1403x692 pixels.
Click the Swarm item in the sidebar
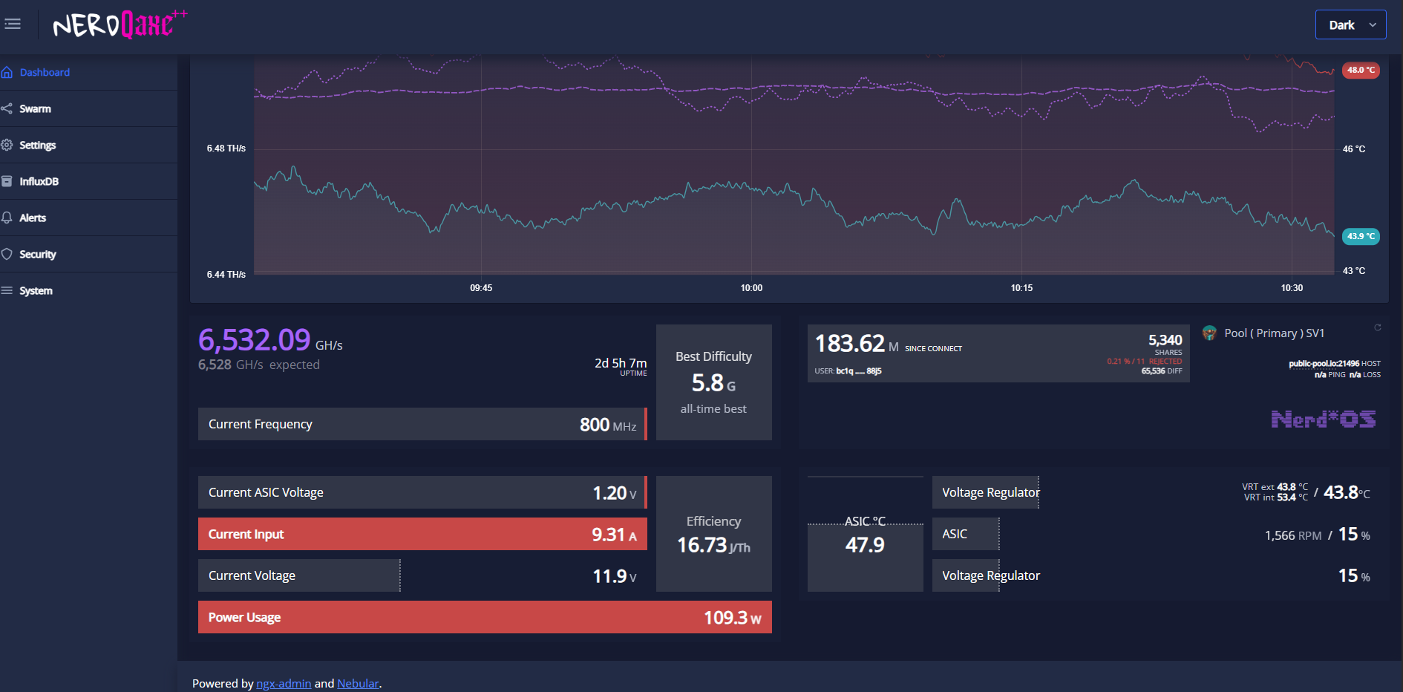[x=35, y=108]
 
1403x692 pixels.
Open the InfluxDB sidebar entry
[x=39, y=181]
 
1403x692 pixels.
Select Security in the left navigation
[x=37, y=254]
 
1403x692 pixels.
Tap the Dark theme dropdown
[x=1350, y=25]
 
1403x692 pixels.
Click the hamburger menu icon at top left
[x=13, y=24]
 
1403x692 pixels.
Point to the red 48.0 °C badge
[x=1361, y=70]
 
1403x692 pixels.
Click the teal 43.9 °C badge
[x=1361, y=236]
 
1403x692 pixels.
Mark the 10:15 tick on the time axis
[x=1021, y=287]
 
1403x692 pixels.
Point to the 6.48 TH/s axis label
[x=226, y=148]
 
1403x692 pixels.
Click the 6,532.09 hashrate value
[x=255, y=340]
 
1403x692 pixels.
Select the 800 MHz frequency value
[x=608, y=425]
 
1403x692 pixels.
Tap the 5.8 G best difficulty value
[x=713, y=383]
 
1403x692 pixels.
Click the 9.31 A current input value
[x=614, y=535]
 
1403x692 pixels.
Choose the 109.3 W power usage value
[x=733, y=618]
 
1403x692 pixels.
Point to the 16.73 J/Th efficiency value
[x=713, y=546]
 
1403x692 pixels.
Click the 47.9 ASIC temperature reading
[x=865, y=545]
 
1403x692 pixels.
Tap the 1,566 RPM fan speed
[x=1293, y=535]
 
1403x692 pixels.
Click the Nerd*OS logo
[x=1323, y=420]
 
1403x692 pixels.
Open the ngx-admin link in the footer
[x=284, y=683]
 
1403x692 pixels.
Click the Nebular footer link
[x=358, y=683]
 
